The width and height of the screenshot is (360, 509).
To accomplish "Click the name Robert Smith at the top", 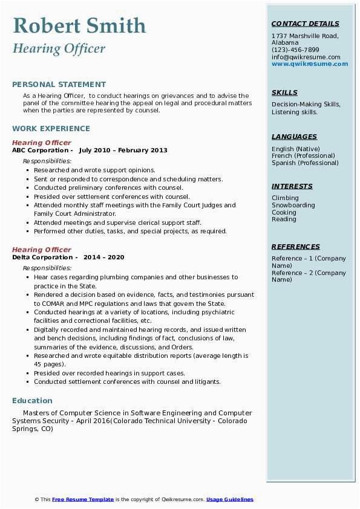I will [79, 25].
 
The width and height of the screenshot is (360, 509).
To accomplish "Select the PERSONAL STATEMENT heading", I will [59, 85].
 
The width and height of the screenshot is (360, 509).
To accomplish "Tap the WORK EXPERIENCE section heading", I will [51, 129].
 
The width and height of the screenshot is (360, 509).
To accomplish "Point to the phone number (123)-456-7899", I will [295, 50].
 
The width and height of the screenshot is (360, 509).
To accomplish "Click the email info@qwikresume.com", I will [306, 57].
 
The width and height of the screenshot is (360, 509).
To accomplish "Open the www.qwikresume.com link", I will [310, 64].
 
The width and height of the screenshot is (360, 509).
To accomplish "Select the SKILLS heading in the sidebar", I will [284, 93].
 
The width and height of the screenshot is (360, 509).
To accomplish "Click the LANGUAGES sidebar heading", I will [294, 137].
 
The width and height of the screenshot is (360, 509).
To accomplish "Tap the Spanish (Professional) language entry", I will [306, 163].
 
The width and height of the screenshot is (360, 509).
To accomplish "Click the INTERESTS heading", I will [292, 187].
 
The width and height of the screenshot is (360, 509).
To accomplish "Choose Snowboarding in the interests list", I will [293, 206].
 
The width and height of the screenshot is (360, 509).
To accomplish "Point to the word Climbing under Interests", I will [285, 198].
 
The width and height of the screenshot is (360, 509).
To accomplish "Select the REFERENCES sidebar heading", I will [296, 247].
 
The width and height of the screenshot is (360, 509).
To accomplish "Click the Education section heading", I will [32, 401].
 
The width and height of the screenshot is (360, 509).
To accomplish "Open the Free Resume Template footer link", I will [83, 500].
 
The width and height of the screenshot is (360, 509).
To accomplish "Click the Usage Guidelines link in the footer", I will [230, 500].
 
